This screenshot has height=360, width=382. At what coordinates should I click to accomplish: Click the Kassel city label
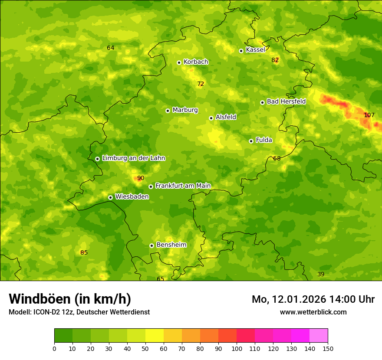(x=255, y=50)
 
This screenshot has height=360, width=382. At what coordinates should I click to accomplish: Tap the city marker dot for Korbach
(x=179, y=62)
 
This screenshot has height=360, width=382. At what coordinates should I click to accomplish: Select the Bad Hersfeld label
(x=286, y=101)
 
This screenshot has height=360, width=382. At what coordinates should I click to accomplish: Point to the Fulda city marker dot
(x=251, y=141)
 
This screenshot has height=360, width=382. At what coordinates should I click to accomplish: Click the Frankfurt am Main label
(x=183, y=186)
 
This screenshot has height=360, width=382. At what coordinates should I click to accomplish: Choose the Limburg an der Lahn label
(x=133, y=158)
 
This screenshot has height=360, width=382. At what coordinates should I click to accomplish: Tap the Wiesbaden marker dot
(x=110, y=197)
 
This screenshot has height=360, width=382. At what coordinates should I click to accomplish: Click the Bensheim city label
(x=171, y=245)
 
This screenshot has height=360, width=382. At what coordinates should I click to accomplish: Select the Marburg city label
(x=185, y=110)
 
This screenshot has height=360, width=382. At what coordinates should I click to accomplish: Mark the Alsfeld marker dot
(x=211, y=118)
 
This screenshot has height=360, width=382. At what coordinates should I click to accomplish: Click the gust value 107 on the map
(x=369, y=115)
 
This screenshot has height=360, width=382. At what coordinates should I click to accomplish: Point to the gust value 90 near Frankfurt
(x=141, y=178)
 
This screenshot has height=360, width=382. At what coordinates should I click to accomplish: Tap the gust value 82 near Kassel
(x=275, y=60)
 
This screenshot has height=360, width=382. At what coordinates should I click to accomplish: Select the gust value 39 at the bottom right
(x=321, y=274)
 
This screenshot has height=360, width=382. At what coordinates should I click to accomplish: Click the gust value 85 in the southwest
(x=84, y=252)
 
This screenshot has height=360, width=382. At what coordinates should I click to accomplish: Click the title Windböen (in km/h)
(x=70, y=299)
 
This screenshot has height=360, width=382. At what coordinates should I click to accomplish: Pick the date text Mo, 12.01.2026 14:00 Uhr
(x=313, y=299)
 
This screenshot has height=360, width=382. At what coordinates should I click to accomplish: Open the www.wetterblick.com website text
(x=313, y=312)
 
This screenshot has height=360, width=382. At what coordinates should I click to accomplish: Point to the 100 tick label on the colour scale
(x=237, y=348)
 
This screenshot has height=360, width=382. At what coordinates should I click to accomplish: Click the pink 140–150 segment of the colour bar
(x=319, y=336)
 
